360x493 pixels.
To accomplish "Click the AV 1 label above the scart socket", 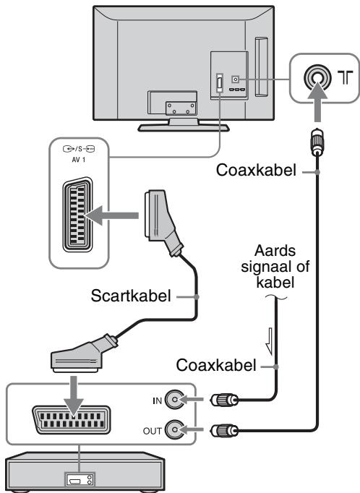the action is point(79,160).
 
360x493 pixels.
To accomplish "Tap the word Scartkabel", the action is point(131,296).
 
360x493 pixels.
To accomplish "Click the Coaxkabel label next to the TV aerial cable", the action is point(256,170).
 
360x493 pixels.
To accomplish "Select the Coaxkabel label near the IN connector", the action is point(216,365).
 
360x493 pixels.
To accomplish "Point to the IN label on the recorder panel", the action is point(157,401).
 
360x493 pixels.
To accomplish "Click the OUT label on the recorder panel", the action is point(153,431).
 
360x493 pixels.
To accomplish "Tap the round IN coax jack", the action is point(174,400).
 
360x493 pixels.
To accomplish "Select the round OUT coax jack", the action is point(174,429).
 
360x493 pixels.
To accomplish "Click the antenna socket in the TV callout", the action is point(317,78).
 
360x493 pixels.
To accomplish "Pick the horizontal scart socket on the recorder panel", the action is point(72,420).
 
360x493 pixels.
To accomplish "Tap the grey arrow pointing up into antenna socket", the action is point(317,101).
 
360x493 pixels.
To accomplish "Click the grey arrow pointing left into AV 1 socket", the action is point(111,215).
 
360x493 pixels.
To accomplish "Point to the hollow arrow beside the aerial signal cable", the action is point(270,341).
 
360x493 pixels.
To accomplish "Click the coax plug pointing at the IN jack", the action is point(225,400).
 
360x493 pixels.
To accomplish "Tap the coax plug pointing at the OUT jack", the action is point(225,430).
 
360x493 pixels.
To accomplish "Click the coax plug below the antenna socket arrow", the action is point(317,142).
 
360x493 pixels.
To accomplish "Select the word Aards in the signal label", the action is point(275,251).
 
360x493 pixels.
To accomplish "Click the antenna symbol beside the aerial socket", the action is point(346,77).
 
